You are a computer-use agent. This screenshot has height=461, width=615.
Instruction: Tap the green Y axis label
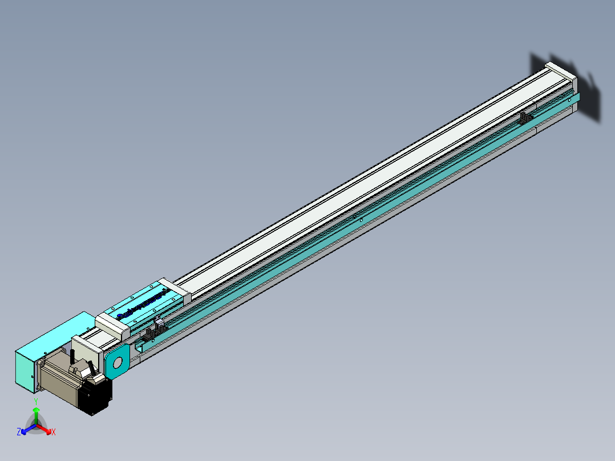coord(36,401)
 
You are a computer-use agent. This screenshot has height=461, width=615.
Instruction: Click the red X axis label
coord(54,432)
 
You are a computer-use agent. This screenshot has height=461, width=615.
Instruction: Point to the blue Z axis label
coord(19,432)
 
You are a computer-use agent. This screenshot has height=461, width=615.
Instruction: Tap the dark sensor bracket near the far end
coord(525,118)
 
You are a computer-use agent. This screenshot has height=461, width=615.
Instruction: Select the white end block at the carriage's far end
coord(174,291)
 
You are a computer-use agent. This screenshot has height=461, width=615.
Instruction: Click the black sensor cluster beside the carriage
coord(155,330)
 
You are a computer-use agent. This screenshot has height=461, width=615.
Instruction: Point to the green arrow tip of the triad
coord(36,410)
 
